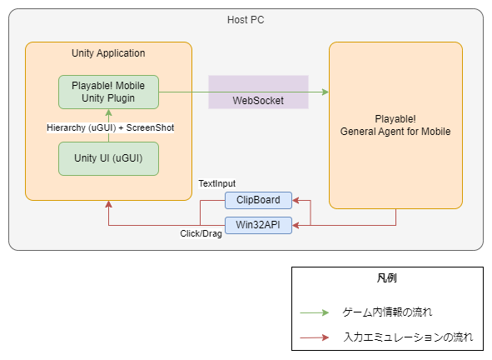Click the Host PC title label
[246, 20]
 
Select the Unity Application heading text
[108, 53]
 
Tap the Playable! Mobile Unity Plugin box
[108, 92]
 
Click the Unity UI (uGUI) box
[108, 158]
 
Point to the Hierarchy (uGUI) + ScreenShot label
[110, 127]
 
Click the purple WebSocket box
[258, 92]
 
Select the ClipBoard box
[258, 200]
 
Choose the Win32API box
[258, 225]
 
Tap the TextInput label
[216, 183]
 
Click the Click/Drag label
[201, 233]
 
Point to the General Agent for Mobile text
[395, 132]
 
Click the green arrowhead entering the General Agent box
[326, 92]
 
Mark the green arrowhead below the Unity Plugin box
[108, 112]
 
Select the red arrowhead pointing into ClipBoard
[296, 200]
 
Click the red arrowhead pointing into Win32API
[296, 225]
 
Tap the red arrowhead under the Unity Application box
[108, 204]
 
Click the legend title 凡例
[387, 278]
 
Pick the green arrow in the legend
[315, 312]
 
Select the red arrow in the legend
[315, 337]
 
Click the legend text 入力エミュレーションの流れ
[408, 337]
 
